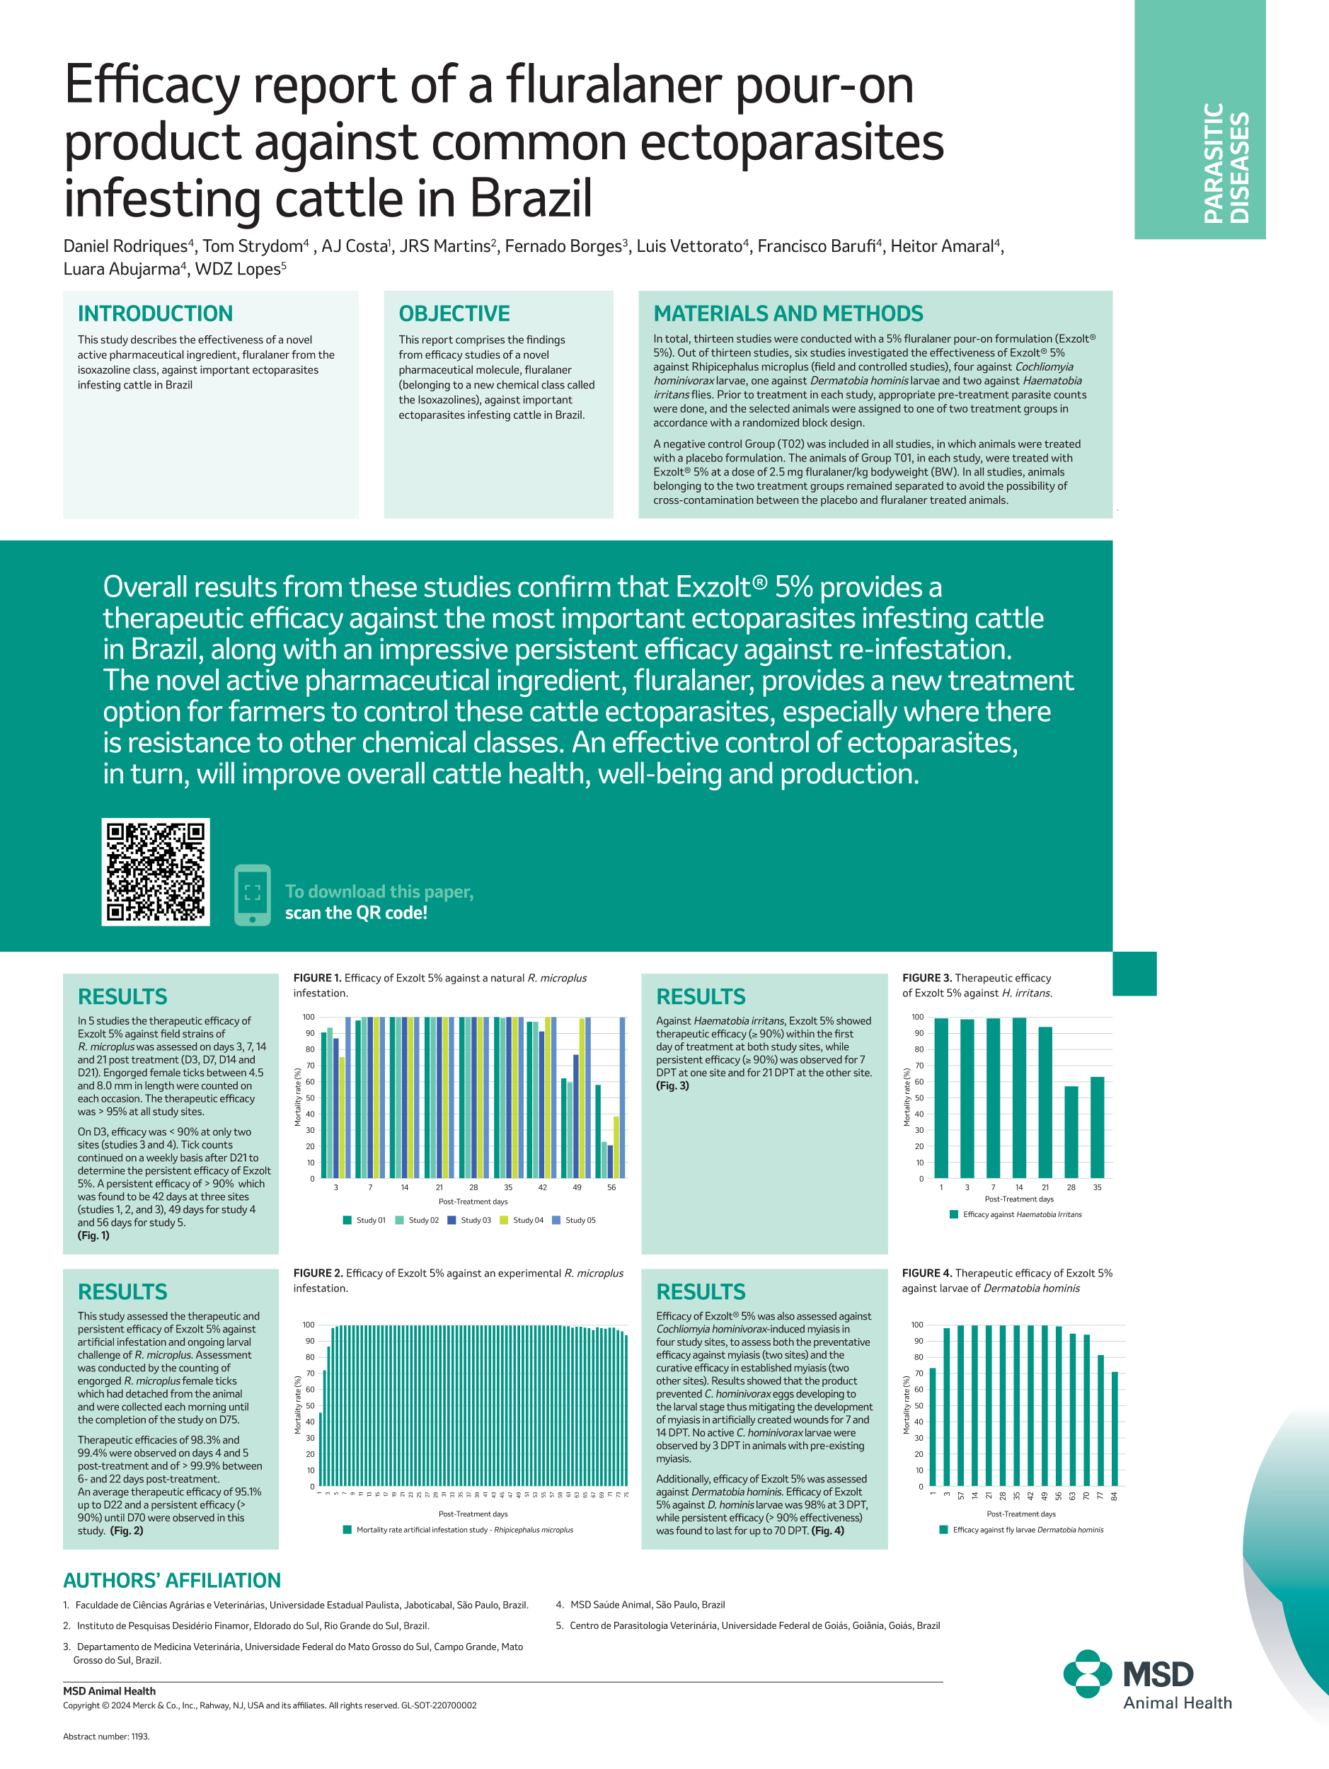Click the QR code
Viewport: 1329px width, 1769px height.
155,872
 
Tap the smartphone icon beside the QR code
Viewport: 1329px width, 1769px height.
253,894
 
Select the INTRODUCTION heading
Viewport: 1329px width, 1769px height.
155,313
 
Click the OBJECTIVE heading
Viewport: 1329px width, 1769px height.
454,313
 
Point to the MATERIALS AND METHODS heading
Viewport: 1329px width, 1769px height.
788,313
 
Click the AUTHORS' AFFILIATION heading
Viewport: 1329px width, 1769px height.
172,1580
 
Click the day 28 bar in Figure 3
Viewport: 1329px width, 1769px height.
1071,1131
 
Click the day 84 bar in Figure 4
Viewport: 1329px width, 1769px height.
1114,1429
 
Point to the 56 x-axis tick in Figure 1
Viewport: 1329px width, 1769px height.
611,1187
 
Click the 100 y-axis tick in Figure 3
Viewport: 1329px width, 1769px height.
917,1018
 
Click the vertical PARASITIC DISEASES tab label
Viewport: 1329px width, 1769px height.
1225,163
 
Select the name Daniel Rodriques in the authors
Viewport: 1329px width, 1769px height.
125,246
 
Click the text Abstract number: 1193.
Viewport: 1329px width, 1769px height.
106,1736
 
